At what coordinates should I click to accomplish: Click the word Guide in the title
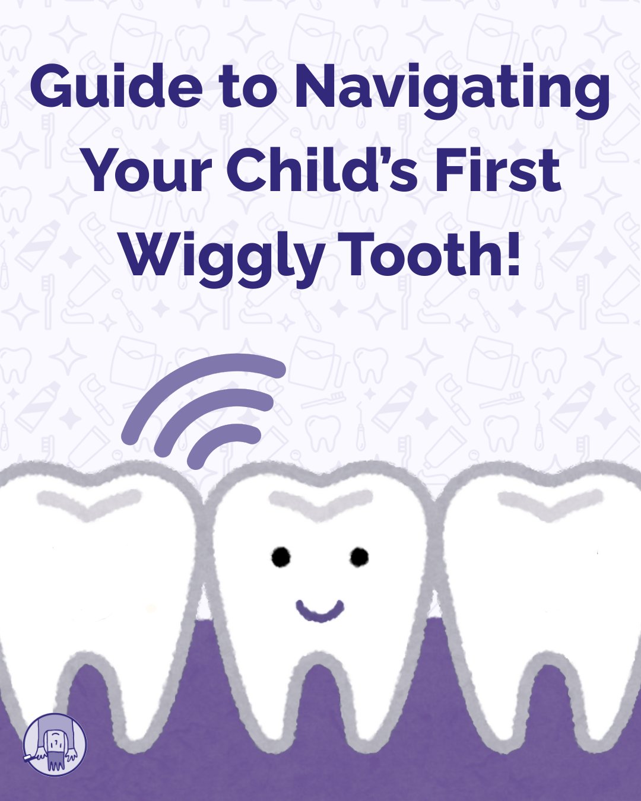(116, 87)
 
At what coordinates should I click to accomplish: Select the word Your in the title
(150, 171)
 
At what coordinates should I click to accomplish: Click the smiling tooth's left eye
(281, 557)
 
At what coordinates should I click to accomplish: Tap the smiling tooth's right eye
(359, 557)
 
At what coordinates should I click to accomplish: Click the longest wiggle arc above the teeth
(196, 377)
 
